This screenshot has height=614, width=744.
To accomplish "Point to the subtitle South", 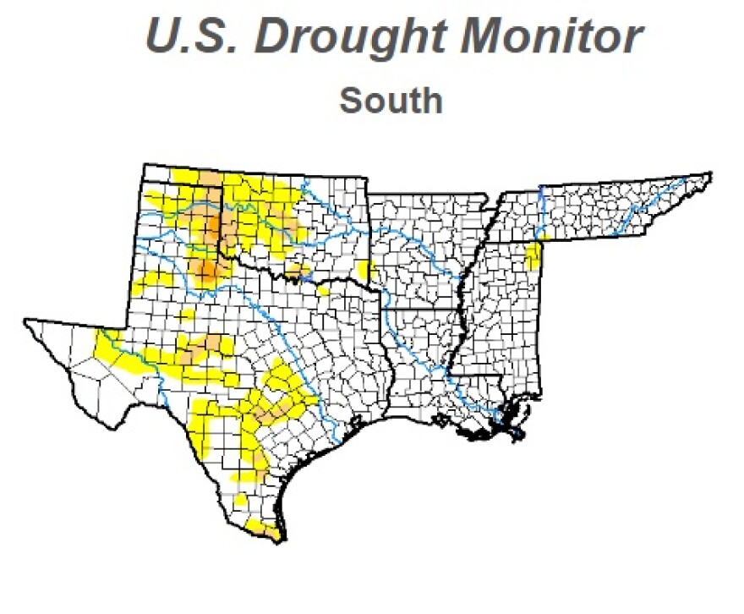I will coord(391,101).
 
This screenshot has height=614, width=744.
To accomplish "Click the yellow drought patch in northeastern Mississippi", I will coord(533,255).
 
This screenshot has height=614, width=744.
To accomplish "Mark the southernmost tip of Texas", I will coord(276,540).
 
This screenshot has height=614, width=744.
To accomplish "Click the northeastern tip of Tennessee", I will coord(710,175).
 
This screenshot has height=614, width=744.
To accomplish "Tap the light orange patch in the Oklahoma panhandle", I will coord(208,178).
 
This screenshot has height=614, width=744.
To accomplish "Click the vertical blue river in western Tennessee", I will coord(539,211).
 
